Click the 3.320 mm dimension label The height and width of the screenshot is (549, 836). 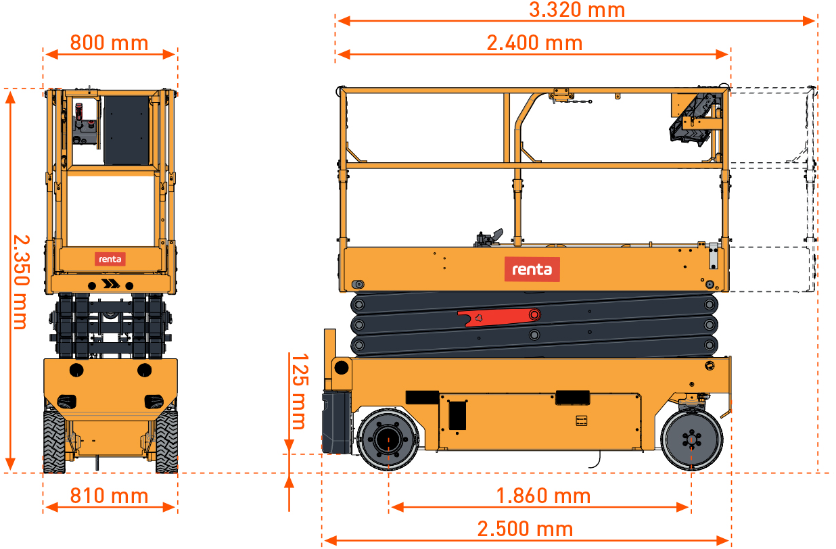(x=577, y=9)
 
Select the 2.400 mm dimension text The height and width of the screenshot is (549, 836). (x=534, y=43)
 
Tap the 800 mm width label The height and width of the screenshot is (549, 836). (x=110, y=43)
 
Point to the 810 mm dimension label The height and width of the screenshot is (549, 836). (x=110, y=496)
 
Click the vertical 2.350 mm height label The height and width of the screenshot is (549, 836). (x=21, y=283)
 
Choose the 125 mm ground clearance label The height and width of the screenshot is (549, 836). (x=300, y=391)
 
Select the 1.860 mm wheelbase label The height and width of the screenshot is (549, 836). (x=543, y=496)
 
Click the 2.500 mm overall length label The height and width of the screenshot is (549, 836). (x=525, y=529)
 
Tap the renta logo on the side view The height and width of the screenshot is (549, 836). (x=532, y=269)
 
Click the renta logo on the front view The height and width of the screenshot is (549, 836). (x=110, y=259)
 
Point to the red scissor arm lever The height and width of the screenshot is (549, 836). (x=499, y=317)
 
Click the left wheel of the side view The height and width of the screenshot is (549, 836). (x=388, y=439)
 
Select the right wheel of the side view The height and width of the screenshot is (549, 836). (x=691, y=440)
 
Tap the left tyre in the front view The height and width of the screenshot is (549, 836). (x=55, y=441)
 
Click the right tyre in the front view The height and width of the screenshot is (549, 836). (x=166, y=441)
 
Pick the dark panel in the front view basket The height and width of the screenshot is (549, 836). (x=126, y=130)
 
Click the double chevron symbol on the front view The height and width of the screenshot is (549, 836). (x=111, y=284)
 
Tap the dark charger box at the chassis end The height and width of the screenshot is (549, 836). (x=337, y=422)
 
